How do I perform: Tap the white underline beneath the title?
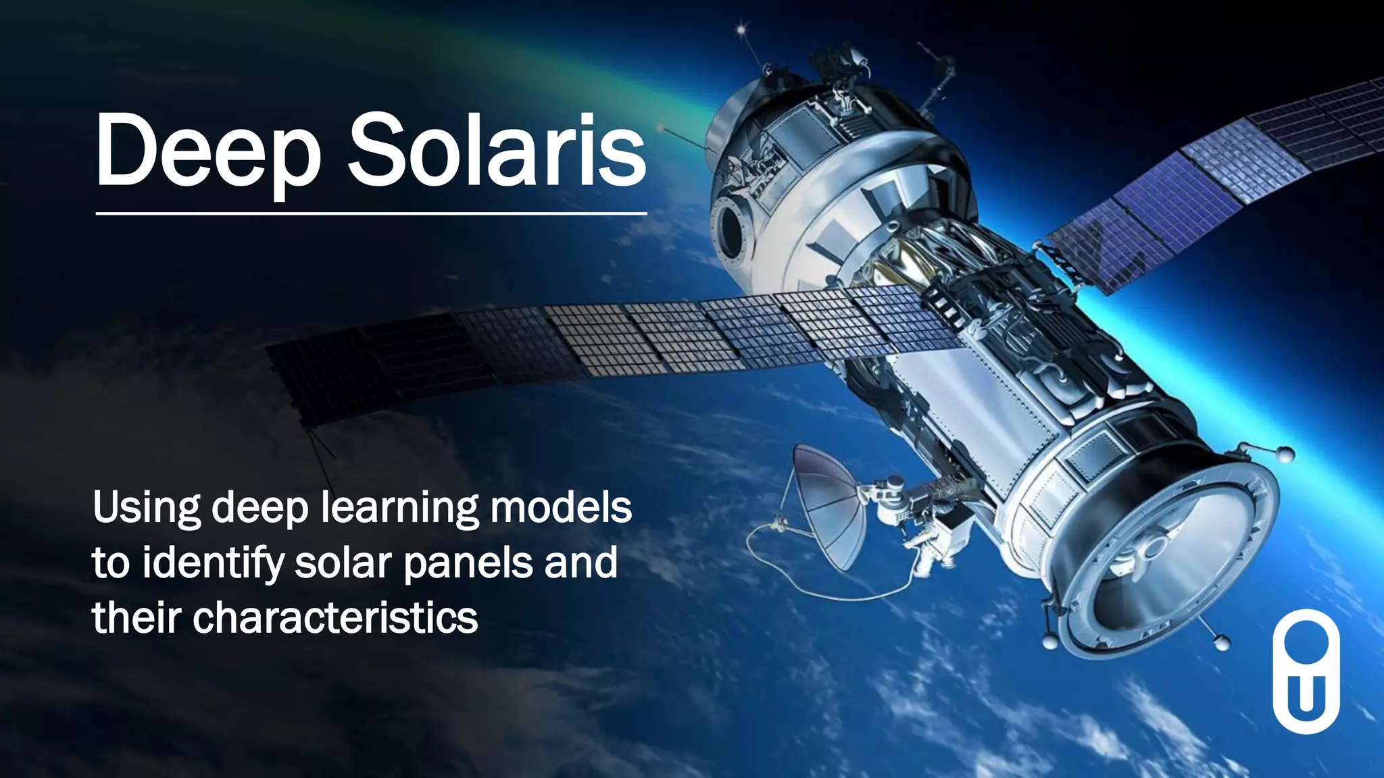371,213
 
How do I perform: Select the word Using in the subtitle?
147,509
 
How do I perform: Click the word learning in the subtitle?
399,509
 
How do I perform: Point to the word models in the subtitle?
561,509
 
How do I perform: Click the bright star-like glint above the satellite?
741,30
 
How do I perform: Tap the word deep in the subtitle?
260,509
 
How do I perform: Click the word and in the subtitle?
580,563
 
